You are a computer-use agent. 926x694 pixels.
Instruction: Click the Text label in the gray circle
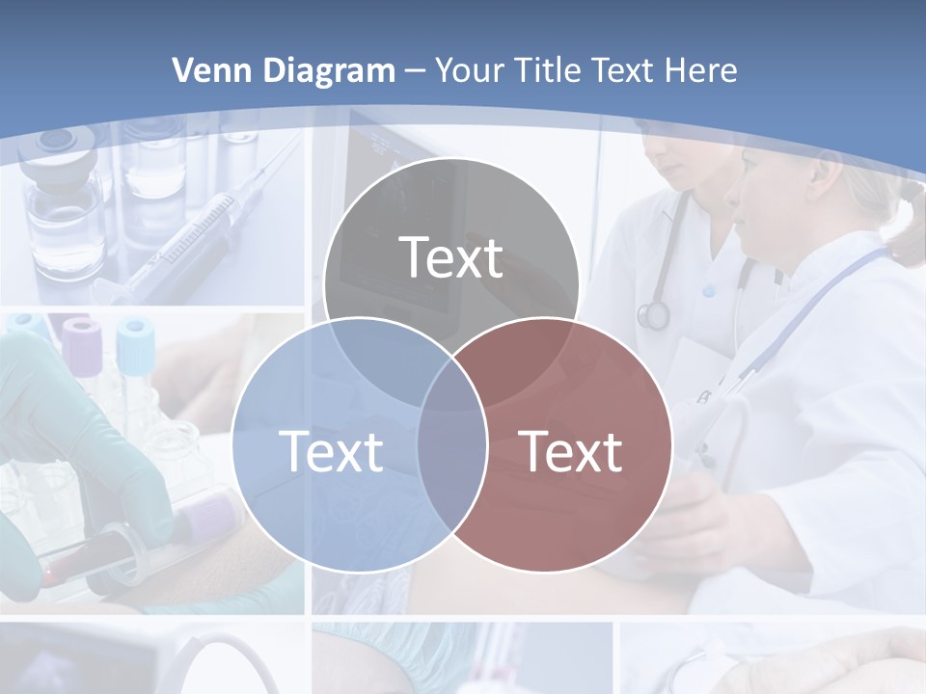tap(450, 257)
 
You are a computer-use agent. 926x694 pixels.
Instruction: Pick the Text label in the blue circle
tap(330, 450)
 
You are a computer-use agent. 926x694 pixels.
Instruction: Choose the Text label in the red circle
tap(570, 450)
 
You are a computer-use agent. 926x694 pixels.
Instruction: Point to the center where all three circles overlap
tap(451, 381)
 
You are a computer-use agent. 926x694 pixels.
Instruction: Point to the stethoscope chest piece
tap(653, 314)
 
